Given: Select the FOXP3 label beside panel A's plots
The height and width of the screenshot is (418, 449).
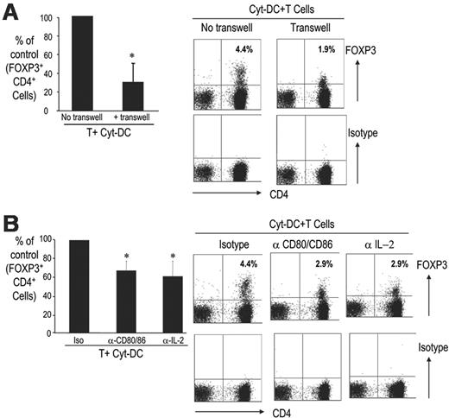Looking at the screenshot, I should [x=381, y=41].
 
